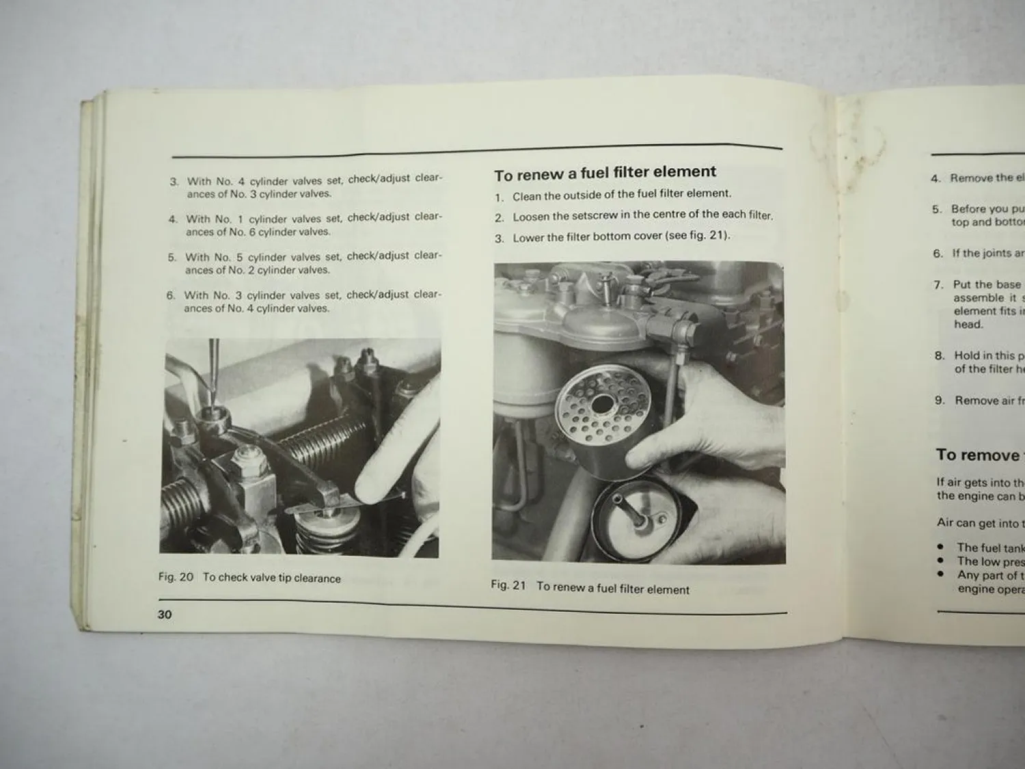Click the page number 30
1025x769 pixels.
coord(165,614)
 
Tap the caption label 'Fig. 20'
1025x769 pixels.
coord(176,577)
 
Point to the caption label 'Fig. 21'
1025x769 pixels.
coord(508,585)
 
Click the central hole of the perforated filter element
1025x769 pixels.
coord(602,405)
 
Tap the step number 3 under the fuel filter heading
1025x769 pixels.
coord(500,239)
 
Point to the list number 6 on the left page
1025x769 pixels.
coord(171,295)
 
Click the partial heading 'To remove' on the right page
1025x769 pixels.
coord(977,455)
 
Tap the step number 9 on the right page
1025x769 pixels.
coord(940,400)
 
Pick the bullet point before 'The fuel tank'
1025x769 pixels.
coord(941,547)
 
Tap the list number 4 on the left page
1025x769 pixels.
coord(173,219)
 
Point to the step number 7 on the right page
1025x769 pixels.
coord(939,284)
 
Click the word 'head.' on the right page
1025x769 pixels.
coord(968,324)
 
